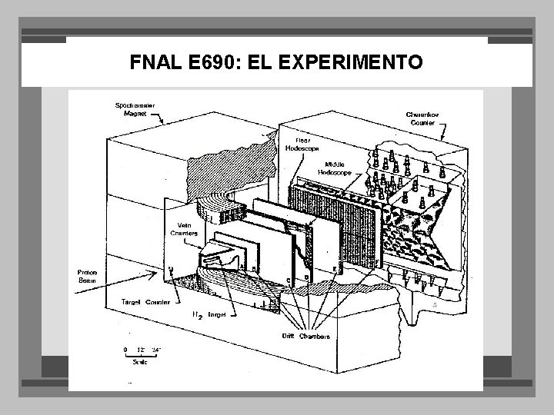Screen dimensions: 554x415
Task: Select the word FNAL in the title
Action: point(156,61)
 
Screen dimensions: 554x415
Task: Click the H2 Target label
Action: point(210,315)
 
